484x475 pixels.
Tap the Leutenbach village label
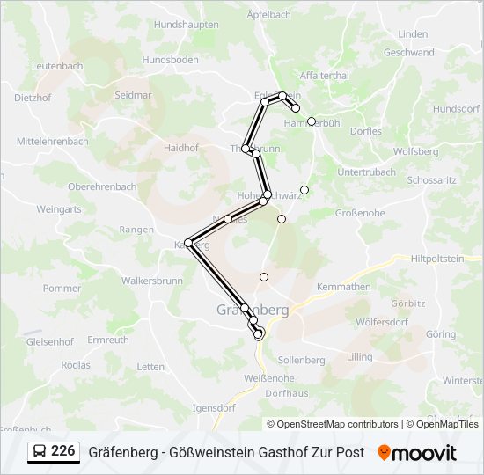57,66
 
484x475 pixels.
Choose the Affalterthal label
325,76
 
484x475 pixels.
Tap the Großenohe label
361,213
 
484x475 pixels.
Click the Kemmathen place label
343,287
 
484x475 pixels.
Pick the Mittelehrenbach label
53,141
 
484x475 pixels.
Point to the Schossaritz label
432,179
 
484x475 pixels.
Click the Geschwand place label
409,52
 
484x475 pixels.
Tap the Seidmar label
134,94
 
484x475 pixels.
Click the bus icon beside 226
40,452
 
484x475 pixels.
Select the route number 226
62,451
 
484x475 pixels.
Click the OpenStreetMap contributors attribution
333,424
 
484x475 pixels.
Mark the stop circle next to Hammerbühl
312,121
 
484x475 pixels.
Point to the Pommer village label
62,288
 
